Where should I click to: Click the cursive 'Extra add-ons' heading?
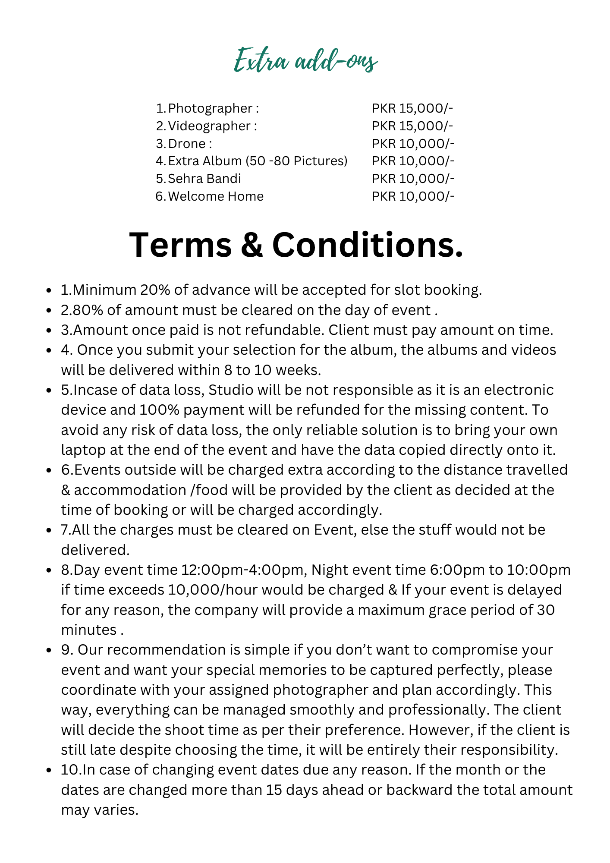point(305,61)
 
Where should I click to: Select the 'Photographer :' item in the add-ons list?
point(214,108)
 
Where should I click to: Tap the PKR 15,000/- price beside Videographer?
point(412,126)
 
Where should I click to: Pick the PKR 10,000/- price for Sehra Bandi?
point(413,179)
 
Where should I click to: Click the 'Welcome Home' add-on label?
point(216,196)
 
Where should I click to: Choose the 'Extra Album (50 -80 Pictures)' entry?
point(258,161)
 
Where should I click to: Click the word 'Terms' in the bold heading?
point(180,245)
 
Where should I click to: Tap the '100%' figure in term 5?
point(159,410)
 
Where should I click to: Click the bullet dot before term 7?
point(49,530)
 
